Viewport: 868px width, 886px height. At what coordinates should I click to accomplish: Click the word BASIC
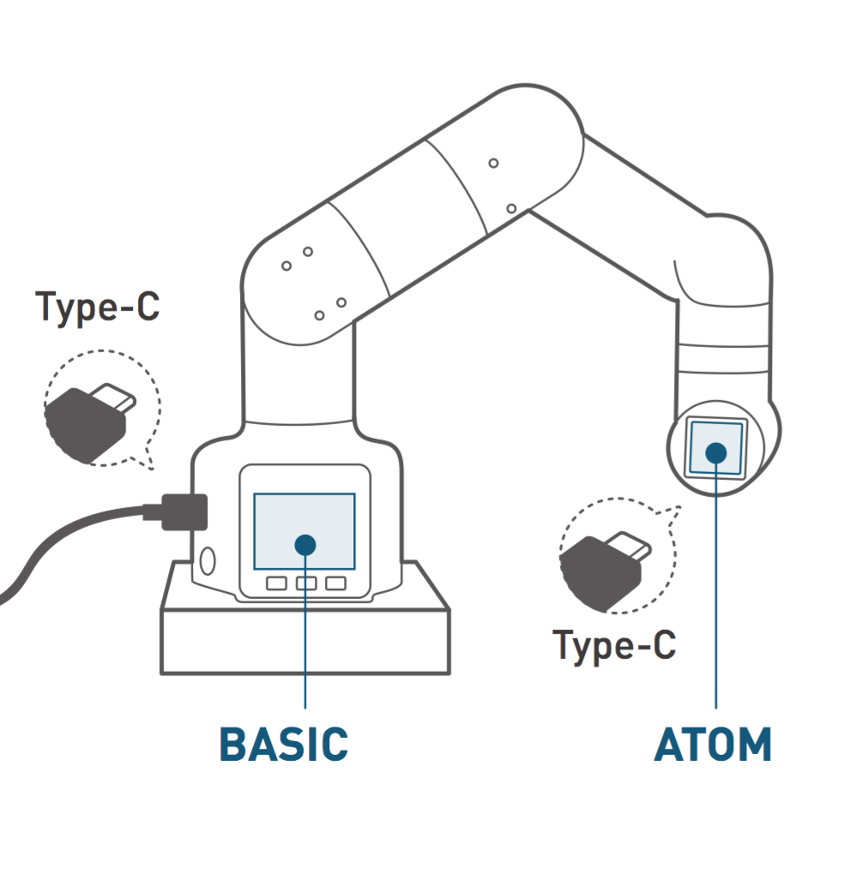tap(283, 744)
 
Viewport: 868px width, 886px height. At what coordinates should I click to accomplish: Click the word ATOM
tap(713, 745)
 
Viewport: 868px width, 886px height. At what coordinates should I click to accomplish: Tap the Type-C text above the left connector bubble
tap(98, 306)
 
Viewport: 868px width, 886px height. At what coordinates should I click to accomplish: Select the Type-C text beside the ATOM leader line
tap(614, 644)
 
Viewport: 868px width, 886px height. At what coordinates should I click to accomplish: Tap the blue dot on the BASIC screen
tap(304, 544)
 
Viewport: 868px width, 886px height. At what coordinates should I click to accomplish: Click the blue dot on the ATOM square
tap(716, 452)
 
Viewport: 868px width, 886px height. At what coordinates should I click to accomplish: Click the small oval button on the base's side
tap(207, 561)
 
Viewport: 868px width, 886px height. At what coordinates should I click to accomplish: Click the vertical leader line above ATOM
tap(716, 600)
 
